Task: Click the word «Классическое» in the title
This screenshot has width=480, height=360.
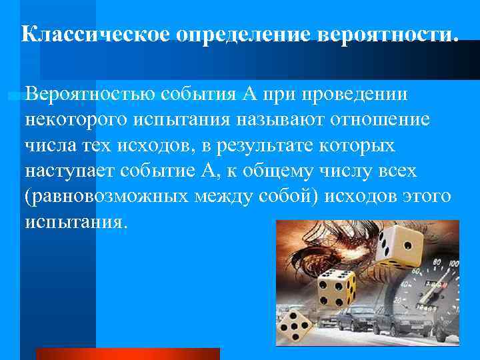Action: pos(97,35)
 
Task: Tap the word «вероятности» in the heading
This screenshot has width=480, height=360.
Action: pos(387,35)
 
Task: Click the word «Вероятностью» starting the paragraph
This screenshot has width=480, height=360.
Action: pos(91,95)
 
